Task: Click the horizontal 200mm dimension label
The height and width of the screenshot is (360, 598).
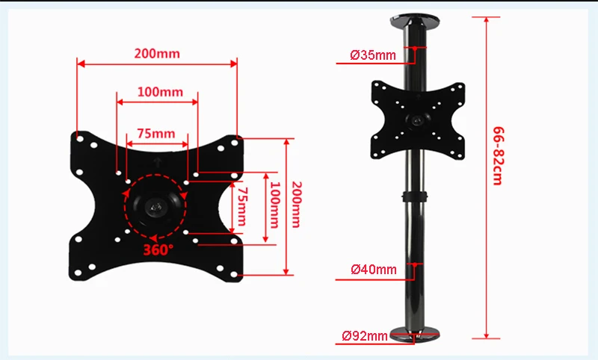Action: click(157, 53)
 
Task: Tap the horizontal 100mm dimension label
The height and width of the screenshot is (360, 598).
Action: click(160, 92)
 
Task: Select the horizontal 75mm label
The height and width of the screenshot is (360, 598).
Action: click(156, 134)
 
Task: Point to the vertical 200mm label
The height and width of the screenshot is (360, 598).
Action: click(297, 205)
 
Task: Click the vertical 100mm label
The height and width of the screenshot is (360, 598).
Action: click(275, 205)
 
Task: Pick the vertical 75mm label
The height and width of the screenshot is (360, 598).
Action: click(242, 206)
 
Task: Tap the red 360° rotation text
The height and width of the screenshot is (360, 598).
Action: click(158, 250)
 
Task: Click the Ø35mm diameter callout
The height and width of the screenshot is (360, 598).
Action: click(372, 55)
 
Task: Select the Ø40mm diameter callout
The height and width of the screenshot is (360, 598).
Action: click(373, 270)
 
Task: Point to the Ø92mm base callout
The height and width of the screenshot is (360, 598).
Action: click(365, 336)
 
